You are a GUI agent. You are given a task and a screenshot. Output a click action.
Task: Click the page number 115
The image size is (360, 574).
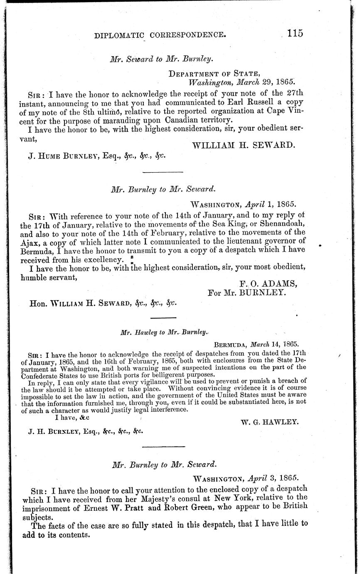pyautogui.click(x=292, y=33)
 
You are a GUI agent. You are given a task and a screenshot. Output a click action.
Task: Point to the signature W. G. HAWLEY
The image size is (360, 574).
pyautogui.click(x=269, y=422)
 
